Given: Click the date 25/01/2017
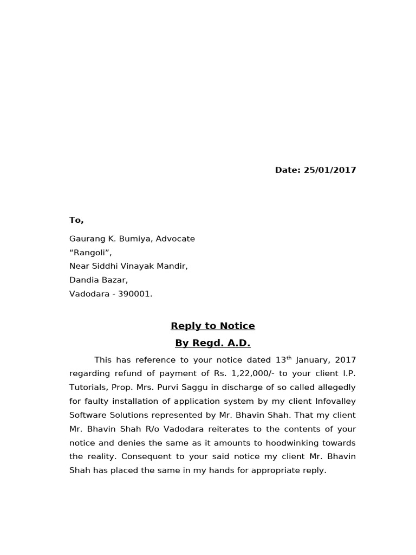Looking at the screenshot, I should coord(330,170).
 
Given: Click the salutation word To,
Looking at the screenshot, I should coord(76,220).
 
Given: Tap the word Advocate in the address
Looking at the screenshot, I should coord(175,239).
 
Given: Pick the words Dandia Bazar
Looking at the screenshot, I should coord(99,280).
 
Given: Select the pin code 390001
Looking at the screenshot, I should coord(135,294).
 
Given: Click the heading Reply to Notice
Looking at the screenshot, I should coord(212,326).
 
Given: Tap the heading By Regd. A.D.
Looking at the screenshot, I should coord(212,343).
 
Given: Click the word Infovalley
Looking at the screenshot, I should coord(330,402).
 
